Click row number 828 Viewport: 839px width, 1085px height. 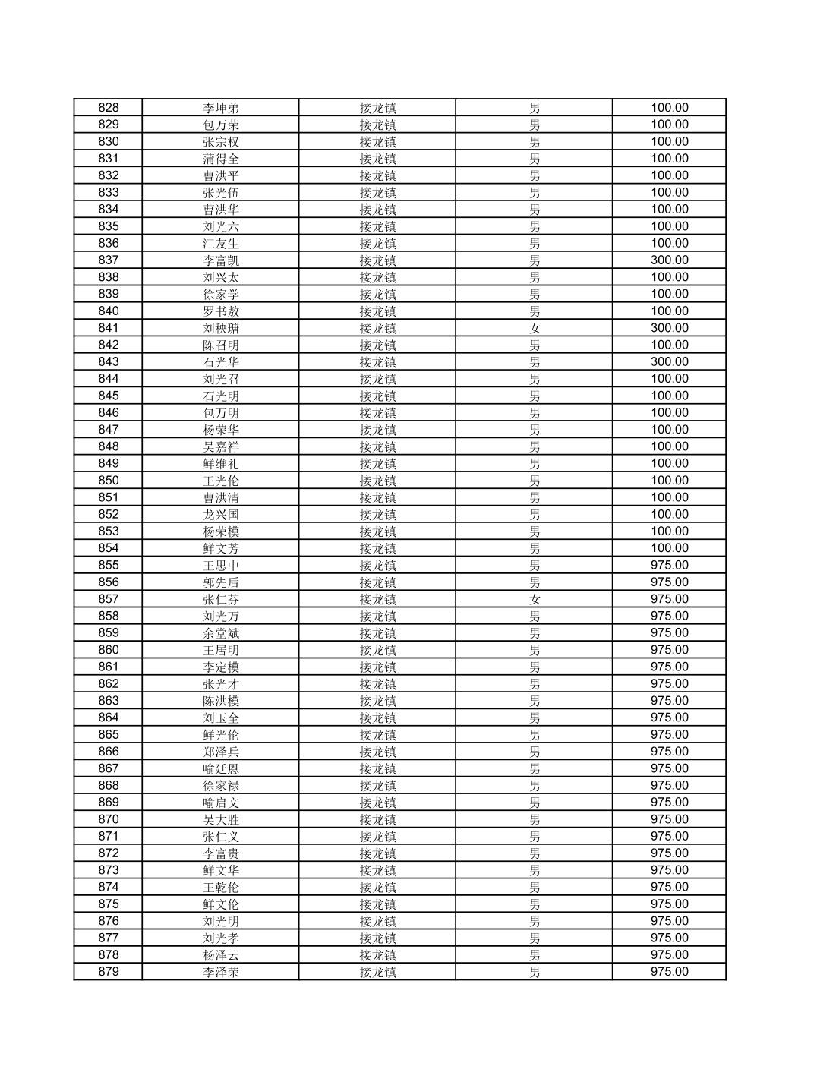(x=109, y=108)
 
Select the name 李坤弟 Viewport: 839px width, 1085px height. (x=221, y=108)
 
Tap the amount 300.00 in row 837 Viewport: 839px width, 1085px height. (x=669, y=260)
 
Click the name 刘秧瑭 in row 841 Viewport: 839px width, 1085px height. (x=221, y=328)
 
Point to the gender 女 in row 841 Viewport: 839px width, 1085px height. (x=535, y=328)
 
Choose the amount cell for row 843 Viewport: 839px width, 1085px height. (x=669, y=362)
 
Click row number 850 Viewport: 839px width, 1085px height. (x=109, y=481)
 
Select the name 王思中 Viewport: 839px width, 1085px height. (x=221, y=565)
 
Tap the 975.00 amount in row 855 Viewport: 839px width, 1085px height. (x=669, y=565)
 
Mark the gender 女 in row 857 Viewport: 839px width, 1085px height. (x=535, y=599)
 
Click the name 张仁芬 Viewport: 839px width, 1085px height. (x=221, y=599)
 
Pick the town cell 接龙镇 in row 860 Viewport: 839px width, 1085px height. (x=377, y=650)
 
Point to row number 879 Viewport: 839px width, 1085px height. (x=109, y=972)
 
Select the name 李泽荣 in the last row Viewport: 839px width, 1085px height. (x=221, y=972)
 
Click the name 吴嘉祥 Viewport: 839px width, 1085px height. (x=221, y=446)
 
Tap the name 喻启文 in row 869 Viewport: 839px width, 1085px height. (x=221, y=803)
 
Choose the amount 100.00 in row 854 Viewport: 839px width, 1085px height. (x=669, y=548)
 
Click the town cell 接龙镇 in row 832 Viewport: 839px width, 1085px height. (x=377, y=175)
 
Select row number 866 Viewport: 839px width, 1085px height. (x=109, y=752)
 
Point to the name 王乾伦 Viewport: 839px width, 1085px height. (x=221, y=887)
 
